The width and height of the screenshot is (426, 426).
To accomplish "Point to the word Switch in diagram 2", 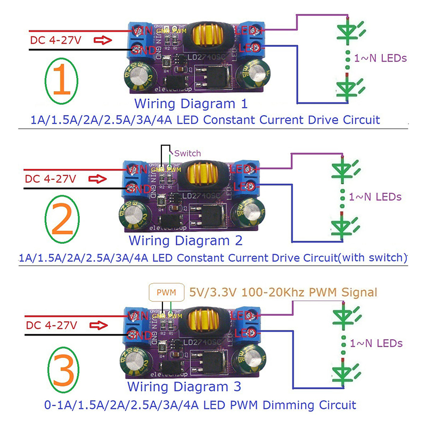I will click(187, 153).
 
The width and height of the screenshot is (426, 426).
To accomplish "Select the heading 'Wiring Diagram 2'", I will click(186, 240).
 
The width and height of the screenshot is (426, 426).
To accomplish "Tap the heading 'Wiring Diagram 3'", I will click(184, 386).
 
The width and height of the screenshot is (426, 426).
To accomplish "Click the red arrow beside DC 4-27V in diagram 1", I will click(103, 40).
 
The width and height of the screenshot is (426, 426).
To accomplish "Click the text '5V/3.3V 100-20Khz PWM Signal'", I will click(283, 292).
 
